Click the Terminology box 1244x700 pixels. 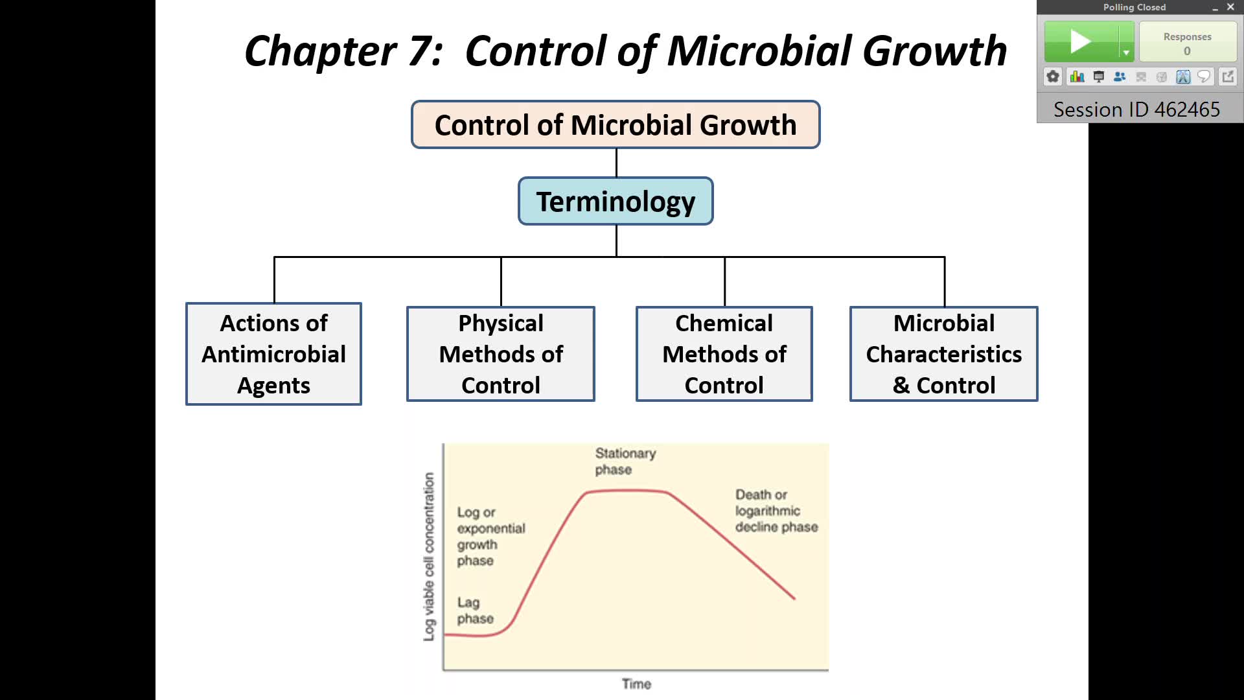coord(616,202)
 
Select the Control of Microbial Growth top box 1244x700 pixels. coord(616,125)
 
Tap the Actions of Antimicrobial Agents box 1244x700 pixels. coord(273,354)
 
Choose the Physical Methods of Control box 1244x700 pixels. coord(500,354)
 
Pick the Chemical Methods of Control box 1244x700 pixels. coord(724,354)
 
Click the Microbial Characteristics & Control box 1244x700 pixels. coord(943,354)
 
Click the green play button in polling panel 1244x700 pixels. coord(1081,42)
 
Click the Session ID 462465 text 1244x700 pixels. coord(1136,110)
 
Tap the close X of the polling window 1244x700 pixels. coord(1230,7)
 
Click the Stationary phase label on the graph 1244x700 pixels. coord(625,461)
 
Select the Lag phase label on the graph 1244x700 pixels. coord(474,611)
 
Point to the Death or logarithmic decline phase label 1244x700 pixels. coord(776,511)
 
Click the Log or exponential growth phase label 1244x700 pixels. coord(490,536)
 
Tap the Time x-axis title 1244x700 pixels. coord(636,684)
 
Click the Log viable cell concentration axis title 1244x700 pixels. coord(429,556)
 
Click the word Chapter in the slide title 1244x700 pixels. coord(320,51)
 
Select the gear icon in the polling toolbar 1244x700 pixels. coord(1053,77)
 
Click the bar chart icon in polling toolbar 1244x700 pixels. coord(1077,77)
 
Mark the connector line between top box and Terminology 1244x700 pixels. coord(616,163)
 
